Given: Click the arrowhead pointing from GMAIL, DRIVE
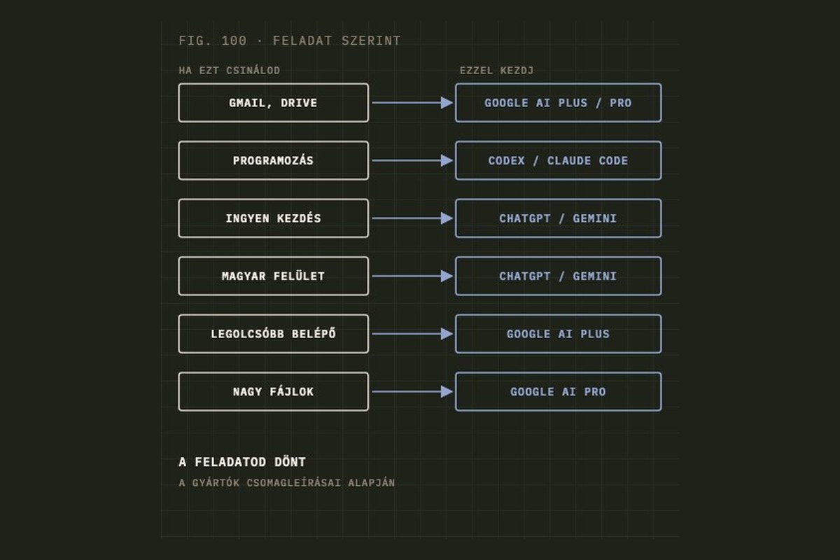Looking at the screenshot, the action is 447,103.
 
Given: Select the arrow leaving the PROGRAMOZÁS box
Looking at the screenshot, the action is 412,160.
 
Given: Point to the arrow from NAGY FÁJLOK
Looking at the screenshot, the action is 412,391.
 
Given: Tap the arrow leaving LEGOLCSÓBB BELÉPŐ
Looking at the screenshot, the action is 412,334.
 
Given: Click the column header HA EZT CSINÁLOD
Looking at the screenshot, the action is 230,71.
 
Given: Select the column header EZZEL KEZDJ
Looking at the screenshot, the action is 496,71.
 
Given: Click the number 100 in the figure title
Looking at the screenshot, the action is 234,41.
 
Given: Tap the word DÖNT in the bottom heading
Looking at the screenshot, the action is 290,462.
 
